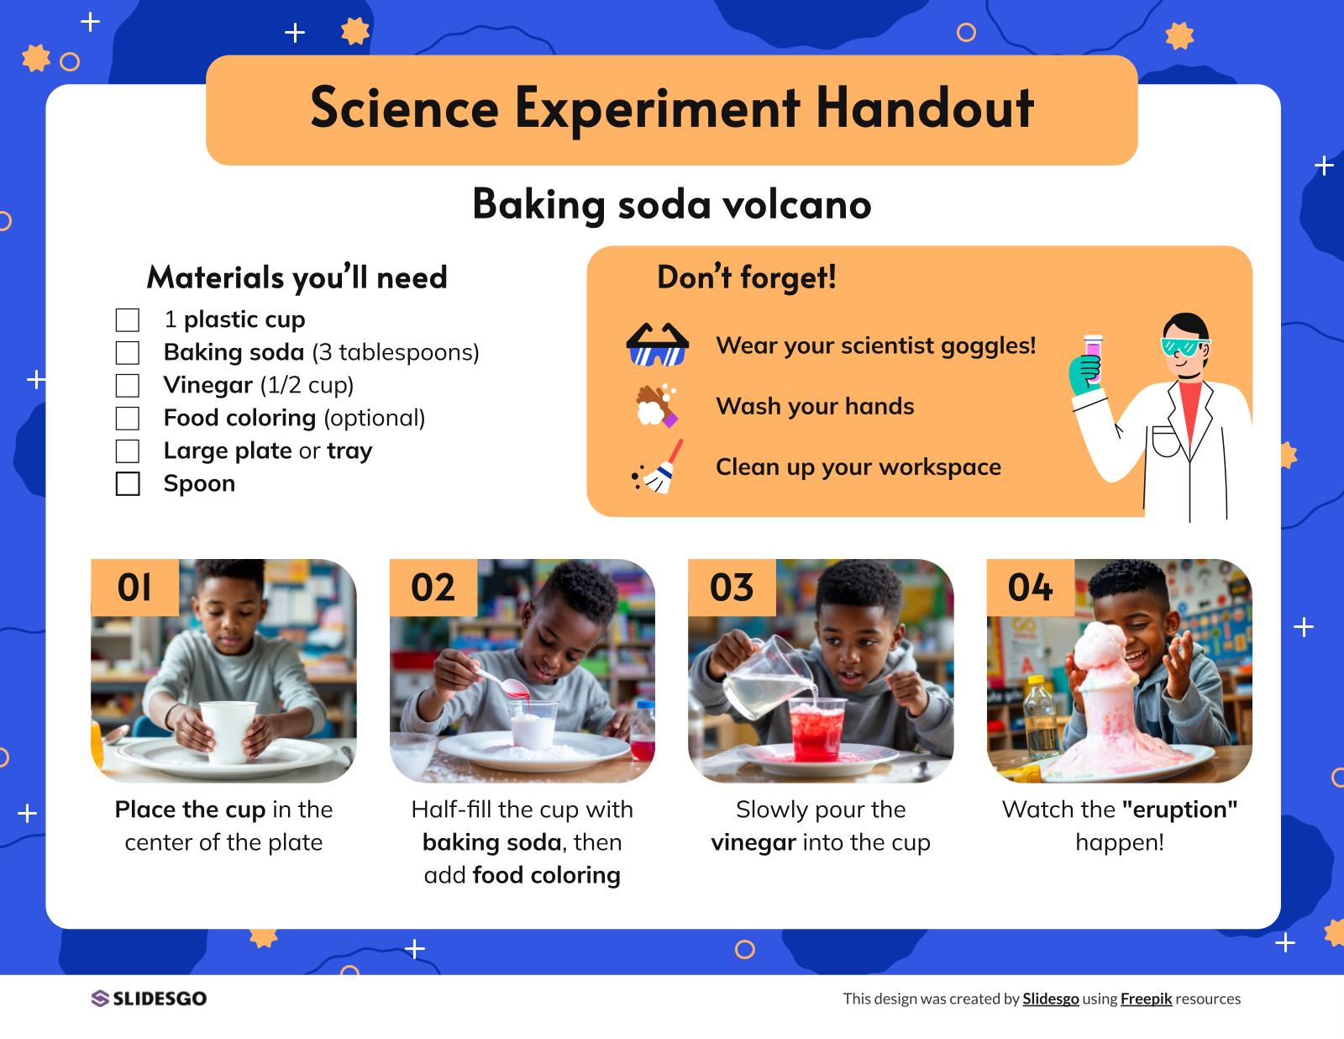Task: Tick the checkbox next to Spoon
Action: click(128, 483)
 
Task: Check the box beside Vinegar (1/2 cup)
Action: click(128, 385)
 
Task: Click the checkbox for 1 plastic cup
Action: click(128, 319)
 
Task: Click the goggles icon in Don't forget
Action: click(657, 345)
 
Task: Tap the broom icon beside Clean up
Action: click(659, 467)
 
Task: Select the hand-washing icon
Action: click(657, 406)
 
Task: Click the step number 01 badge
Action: click(134, 588)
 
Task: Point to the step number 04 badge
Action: click(1030, 588)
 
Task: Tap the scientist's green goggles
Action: click(1184, 345)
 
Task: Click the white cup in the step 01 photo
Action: click(228, 730)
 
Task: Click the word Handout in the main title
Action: click(925, 108)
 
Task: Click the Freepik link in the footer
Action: click(1146, 999)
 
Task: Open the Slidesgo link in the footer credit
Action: click(1050, 999)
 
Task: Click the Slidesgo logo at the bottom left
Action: click(149, 999)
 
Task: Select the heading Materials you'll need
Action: click(297, 277)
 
